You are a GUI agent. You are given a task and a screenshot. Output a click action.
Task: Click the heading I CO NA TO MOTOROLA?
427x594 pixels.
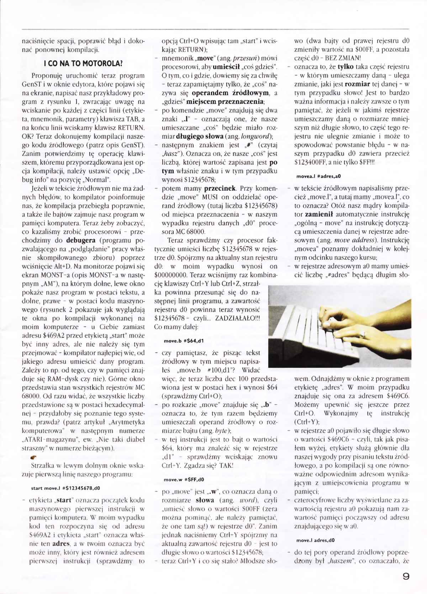tap(83, 64)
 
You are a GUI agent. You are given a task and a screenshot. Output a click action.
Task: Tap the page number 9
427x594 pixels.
tap(405, 576)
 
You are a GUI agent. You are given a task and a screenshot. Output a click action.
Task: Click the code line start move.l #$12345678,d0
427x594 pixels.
tap(65, 488)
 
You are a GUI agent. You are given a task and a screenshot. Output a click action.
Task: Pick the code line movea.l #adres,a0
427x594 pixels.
tap(318, 176)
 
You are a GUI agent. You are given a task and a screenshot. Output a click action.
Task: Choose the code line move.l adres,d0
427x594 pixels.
tap(315, 540)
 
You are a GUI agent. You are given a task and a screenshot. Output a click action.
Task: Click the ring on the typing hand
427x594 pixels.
tap(363, 334)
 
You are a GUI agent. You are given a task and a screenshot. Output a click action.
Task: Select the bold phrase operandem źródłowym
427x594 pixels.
tap(230, 93)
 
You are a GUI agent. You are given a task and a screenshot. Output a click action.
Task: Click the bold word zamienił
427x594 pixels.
tap(318, 214)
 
